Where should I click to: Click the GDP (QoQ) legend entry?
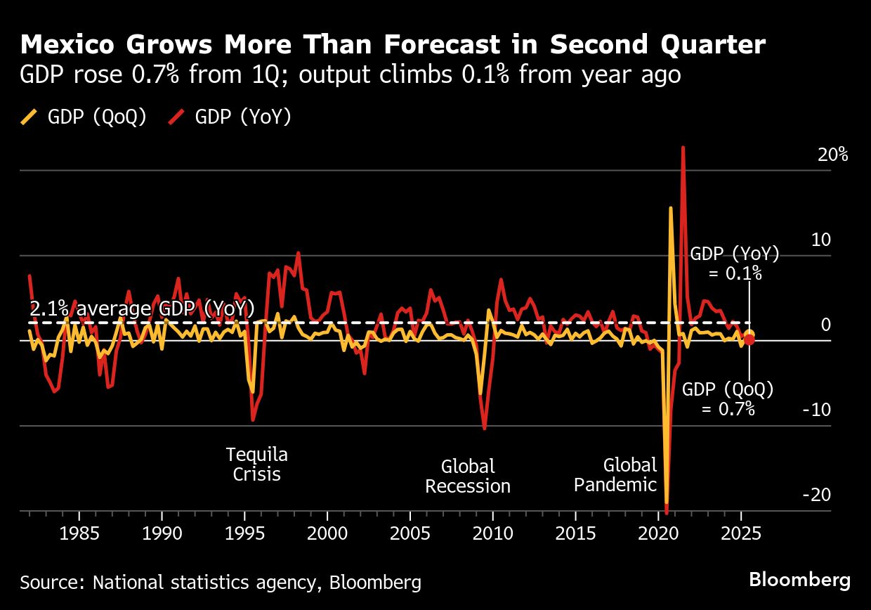84,117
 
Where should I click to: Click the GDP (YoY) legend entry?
231,117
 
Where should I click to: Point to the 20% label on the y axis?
832,155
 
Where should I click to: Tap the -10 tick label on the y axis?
816,410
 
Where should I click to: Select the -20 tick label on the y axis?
816,495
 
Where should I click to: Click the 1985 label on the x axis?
79,531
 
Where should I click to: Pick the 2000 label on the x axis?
327,531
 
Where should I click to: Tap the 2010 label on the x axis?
493,531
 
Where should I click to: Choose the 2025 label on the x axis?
741,531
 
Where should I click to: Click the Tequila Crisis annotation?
256,464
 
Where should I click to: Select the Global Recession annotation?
468,476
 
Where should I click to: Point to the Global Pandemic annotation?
615,474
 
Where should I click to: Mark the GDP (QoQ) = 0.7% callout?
728,398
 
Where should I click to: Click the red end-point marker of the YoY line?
749,340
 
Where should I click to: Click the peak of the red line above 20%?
683,148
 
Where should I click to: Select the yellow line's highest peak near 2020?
671,208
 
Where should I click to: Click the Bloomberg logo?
799,580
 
